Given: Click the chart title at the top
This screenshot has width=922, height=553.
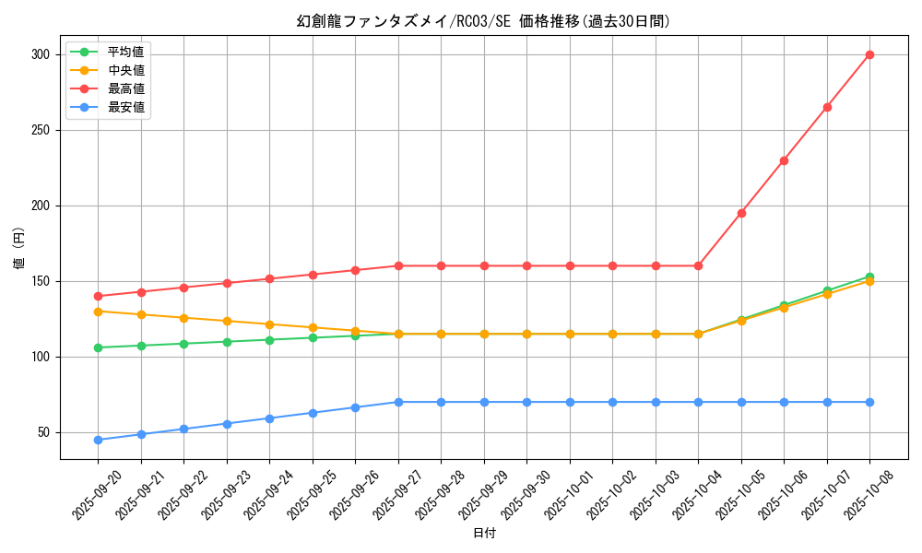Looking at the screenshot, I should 483,21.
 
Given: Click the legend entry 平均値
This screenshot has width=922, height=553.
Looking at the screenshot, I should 125,52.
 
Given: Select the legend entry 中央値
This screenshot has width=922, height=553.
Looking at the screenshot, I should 125,70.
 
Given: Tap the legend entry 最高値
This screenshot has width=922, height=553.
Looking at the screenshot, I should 125,88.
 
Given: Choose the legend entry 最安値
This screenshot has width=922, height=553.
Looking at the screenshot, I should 125,107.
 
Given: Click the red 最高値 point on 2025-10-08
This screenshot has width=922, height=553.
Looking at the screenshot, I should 869,54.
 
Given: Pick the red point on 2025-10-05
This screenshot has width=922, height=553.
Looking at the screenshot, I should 741,213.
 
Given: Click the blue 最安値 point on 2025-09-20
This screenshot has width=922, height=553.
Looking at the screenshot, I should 98,440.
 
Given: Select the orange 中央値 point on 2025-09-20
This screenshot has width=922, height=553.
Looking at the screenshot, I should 98,312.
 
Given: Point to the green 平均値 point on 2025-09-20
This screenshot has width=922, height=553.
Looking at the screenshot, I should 98,347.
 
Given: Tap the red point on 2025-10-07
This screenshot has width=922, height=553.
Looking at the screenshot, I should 827,107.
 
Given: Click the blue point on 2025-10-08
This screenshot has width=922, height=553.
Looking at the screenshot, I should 869,402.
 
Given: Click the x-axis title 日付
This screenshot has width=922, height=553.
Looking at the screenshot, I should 484,534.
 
